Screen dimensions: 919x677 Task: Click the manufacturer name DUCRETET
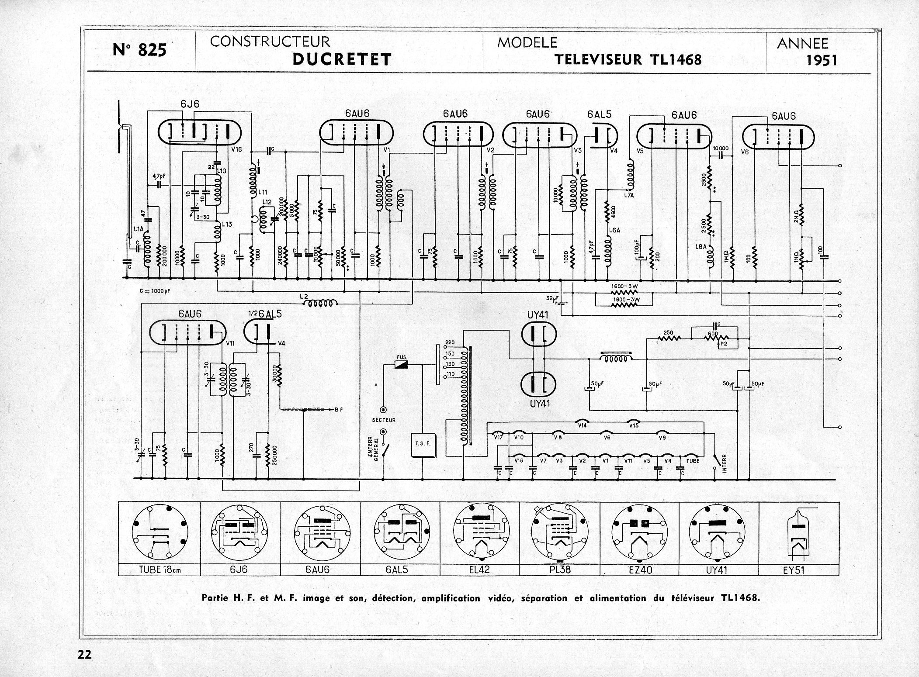342,59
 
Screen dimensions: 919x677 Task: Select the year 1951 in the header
822,60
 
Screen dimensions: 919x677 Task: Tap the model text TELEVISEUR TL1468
628,59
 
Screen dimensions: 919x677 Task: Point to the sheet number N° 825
139,50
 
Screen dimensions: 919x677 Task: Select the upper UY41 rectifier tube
539,335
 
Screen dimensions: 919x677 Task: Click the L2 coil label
304,297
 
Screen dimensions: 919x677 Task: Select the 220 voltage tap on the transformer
450,342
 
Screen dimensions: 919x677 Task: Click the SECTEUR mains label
384,420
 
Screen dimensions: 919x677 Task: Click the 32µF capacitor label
552,298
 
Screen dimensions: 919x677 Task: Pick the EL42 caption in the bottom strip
479,570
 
